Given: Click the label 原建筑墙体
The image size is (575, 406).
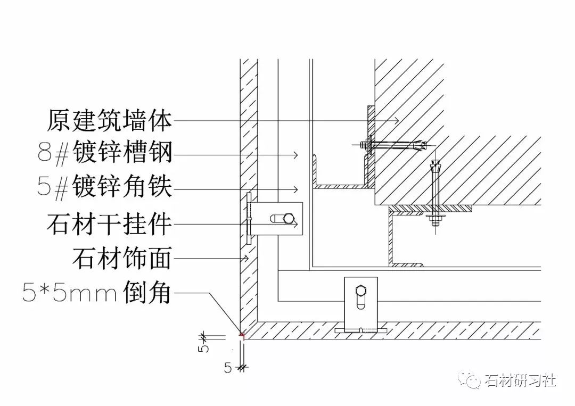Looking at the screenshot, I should pyautogui.click(x=109, y=121).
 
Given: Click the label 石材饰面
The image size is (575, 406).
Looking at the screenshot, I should pyautogui.click(x=122, y=259).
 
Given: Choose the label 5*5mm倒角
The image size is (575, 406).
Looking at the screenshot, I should pyautogui.click(x=96, y=293).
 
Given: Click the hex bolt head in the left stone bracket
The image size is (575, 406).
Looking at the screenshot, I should pyautogui.click(x=289, y=218).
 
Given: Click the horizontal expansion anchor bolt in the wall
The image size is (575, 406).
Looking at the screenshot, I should pyautogui.click(x=394, y=144).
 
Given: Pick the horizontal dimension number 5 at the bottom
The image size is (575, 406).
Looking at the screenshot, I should pyautogui.click(x=228, y=368).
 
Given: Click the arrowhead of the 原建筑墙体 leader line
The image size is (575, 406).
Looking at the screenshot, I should pyautogui.click(x=396, y=121).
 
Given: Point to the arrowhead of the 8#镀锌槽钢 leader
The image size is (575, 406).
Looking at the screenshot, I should pyautogui.click(x=294, y=155).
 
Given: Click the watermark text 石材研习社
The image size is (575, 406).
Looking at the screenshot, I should pyautogui.click(x=520, y=381).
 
